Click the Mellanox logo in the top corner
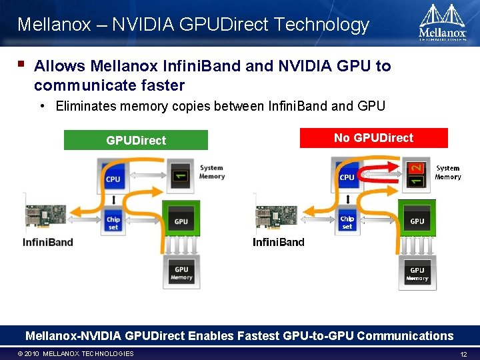442,23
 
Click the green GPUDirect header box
136,140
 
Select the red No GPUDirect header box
373,138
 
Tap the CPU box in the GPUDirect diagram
113,177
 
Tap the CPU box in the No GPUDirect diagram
347,175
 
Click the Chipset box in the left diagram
113,222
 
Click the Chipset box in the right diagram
347,221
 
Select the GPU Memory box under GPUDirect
181,273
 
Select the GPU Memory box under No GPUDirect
417,273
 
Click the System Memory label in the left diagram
211,172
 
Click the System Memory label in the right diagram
447,173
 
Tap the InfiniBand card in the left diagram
48,219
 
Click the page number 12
464,354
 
